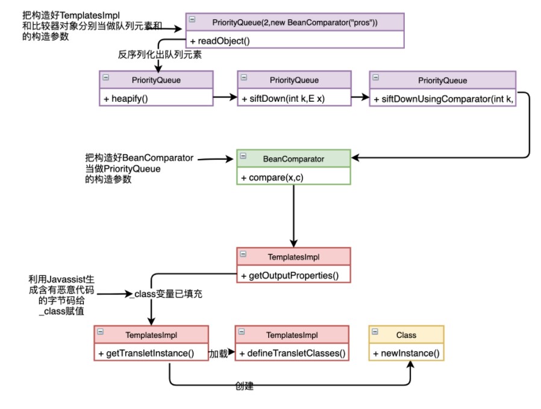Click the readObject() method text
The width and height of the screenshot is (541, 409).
tap(219, 41)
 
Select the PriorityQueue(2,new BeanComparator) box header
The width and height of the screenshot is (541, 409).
tap(295, 22)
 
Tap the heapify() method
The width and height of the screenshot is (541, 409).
tap(129, 98)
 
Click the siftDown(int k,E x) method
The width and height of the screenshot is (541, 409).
tap(283, 98)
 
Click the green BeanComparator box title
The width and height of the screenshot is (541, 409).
tap(293, 159)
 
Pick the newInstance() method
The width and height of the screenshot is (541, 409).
tap(407, 353)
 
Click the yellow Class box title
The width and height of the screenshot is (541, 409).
tap(406, 335)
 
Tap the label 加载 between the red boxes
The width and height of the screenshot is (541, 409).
tap(218, 354)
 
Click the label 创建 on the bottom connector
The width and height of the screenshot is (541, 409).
tap(244, 386)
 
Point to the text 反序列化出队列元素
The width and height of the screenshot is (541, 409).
tap(160, 55)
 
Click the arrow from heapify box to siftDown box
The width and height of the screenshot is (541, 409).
tap(225, 96)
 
